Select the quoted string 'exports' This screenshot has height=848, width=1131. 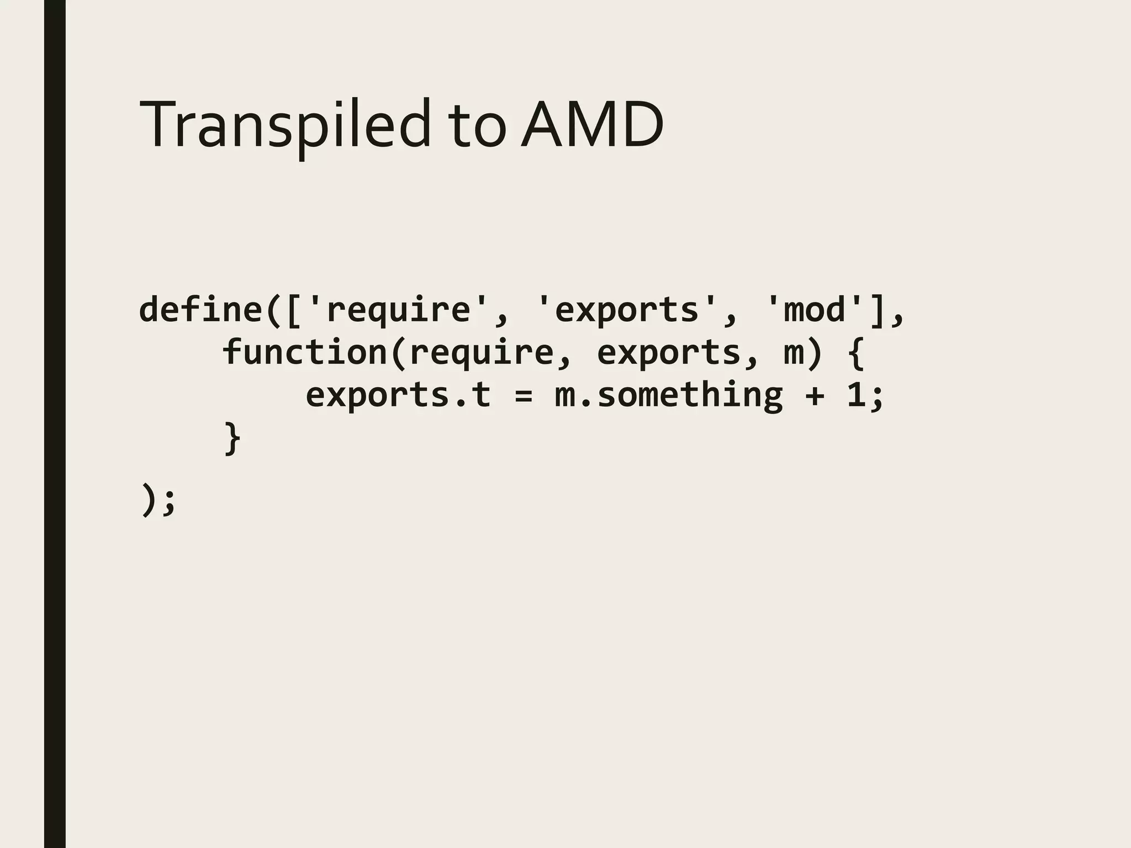pos(627,310)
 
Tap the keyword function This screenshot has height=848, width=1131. pos(305,352)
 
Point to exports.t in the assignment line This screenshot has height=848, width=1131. pos(398,395)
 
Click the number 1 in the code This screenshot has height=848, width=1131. pos(855,395)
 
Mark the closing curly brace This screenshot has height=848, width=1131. pos(232,438)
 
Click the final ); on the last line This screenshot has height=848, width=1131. pos(158,499)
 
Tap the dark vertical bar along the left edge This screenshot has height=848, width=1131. pos(55,424)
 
